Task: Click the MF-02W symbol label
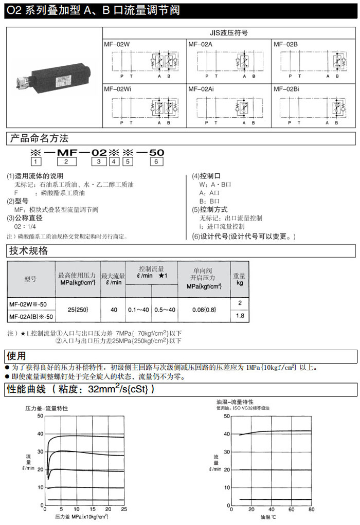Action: point(117,45)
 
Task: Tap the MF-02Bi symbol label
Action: point(285,89)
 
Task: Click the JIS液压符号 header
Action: point(228,32)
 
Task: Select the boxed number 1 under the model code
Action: point(35,162)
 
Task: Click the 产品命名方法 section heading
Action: point(39,138)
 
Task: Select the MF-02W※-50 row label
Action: point(31,303)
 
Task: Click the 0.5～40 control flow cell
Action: point(165,310)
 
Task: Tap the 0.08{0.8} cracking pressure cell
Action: point(204,310)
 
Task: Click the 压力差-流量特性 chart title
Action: point(47,408)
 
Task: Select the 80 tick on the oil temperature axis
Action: point(311,509)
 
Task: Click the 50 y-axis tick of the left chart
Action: point(41,415)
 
